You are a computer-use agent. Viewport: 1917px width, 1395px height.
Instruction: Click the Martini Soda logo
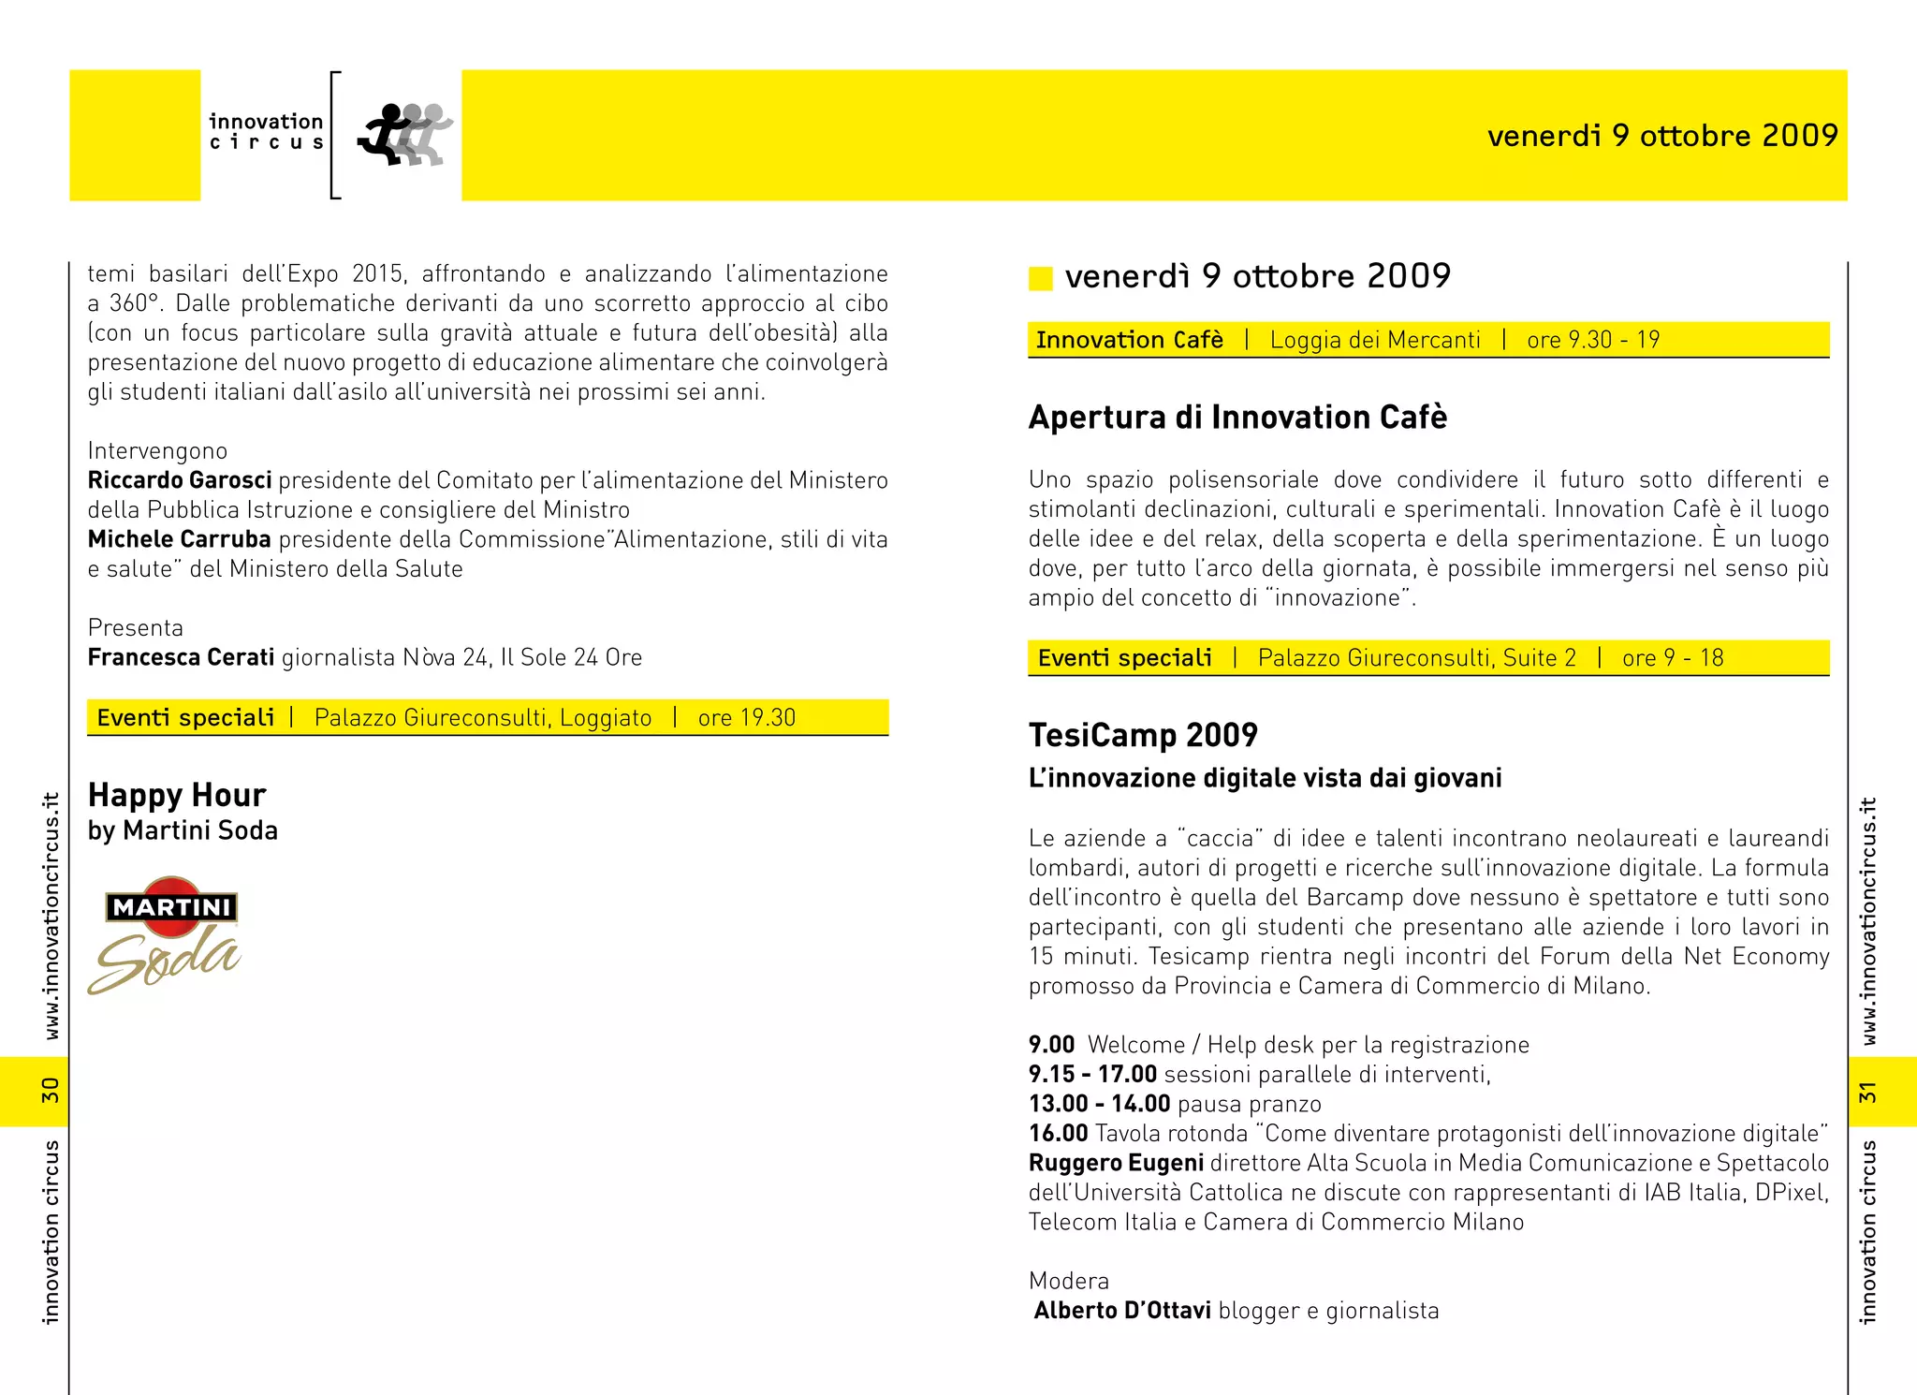166,934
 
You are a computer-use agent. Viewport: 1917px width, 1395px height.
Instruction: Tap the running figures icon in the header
405,136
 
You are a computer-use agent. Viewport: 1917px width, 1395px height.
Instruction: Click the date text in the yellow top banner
1662,136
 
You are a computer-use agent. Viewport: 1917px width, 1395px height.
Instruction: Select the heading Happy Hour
177,795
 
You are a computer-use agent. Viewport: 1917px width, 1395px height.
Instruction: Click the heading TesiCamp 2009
1143,735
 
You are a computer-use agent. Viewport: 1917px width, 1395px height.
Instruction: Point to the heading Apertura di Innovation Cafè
1237,417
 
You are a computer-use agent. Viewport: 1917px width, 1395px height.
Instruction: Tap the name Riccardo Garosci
180,480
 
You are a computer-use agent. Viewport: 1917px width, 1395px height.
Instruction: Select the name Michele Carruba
180,539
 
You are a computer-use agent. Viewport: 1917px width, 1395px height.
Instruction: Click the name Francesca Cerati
181,657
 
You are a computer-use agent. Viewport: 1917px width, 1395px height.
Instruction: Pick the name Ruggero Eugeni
1116,1163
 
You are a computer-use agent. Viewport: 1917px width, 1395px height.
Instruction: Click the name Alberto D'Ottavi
1122,1311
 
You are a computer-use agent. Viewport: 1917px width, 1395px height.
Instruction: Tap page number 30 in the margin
50,1091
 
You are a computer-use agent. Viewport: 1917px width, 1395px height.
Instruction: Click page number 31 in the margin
1867,1092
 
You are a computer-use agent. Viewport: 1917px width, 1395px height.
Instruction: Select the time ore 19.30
746,718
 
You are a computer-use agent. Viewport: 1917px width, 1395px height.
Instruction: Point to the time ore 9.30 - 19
1593,340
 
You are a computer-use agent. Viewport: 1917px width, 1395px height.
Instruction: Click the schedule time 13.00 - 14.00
1099,1104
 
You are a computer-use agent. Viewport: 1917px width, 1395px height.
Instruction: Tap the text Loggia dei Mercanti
1375,340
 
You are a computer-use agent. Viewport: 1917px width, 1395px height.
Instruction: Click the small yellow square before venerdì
1041,278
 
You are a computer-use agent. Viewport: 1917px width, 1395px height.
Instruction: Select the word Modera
1069,1281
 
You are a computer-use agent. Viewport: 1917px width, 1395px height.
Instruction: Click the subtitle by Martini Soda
183,830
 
